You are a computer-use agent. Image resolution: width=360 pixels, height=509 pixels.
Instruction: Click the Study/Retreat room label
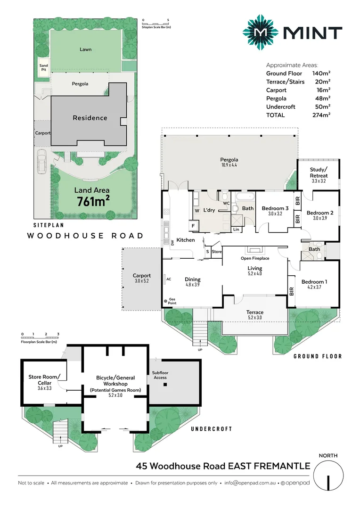point(319,172)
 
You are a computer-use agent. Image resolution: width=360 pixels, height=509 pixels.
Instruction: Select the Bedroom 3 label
point(275,208)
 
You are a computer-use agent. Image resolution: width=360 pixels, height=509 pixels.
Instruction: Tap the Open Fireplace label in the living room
point(255,258)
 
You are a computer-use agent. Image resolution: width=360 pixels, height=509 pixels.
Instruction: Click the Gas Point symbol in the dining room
point(165,301)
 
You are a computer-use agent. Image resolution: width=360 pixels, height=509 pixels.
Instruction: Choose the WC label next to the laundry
point(226,203)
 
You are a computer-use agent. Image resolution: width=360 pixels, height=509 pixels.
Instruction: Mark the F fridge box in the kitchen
point(193,226)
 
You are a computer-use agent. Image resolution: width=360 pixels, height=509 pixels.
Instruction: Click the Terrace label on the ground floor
point(254,312)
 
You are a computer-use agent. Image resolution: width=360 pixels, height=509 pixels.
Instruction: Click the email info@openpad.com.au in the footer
point(250,483)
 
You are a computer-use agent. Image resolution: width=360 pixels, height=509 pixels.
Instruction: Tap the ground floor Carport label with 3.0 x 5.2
point(141,278)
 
